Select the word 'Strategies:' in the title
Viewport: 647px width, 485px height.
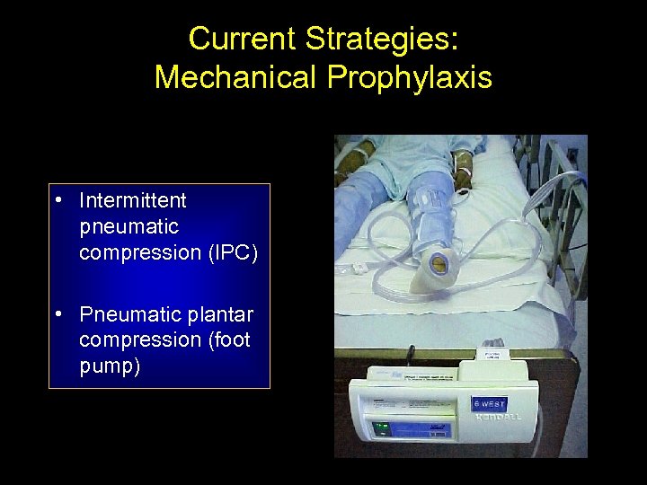[x=382, y=39]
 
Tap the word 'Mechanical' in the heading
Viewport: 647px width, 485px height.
[x=235, y=77]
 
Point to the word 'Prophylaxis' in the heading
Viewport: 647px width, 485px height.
[x=409, y=77]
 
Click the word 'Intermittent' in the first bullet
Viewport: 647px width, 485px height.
[x=132, y=199]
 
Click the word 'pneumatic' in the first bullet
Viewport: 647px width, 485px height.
[x=129, y=226]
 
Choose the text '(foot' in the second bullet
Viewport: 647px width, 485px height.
[x=226, y=340]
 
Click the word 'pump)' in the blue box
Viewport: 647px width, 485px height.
[x=109, y=366]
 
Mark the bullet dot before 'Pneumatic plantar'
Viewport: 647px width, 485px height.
[x=58, y=315]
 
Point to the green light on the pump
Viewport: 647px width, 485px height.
[x=380, y=427]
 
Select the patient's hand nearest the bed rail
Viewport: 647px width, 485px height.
[x=464, y=168]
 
